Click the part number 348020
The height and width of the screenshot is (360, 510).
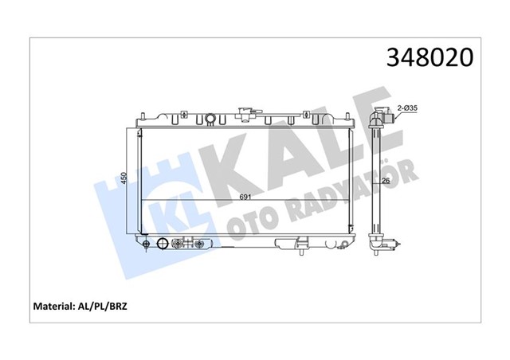pyautogui.click(x=430, y=58)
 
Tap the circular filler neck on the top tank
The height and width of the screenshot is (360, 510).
pyautogui.click(x=210, y=120)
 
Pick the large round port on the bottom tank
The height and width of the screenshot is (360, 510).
pyautogui.click(x=163, y=245)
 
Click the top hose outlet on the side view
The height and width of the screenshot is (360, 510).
pyautogui.click(x=384, y=117)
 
